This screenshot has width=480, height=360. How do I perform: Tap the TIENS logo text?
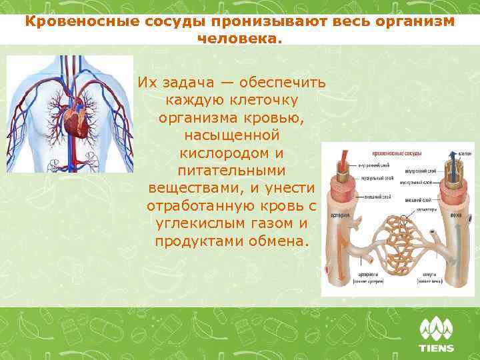coord(436,348)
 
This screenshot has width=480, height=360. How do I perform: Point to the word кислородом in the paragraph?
coord(231,153)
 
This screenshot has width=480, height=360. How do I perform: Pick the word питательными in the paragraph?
coord(231,170)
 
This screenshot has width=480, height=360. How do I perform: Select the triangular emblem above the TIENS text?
coord(436,329)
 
